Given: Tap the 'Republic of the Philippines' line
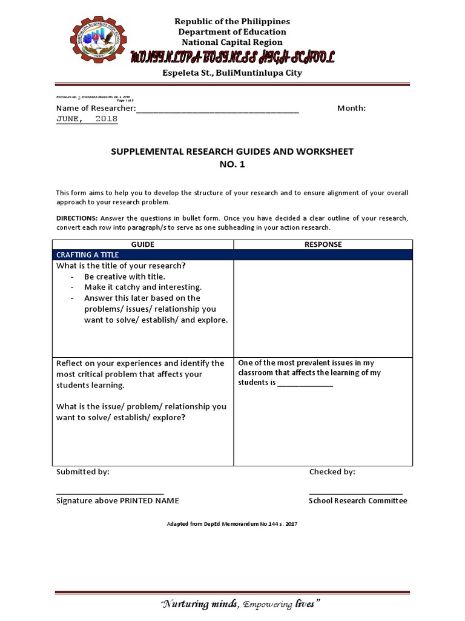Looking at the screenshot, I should point(232,22).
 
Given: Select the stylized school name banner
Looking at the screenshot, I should point(232,58).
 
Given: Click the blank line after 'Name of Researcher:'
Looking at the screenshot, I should point(218,109).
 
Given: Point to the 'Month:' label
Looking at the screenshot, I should point(351,108).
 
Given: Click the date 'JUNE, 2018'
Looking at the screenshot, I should point(87,119).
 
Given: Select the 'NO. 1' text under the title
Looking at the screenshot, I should point(232,164).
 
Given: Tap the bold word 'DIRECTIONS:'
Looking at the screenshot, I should point(77,218).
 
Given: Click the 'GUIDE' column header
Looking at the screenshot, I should point(143,244).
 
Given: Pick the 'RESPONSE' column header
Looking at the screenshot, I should point(323,244).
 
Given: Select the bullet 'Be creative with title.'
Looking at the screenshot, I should point(125,277).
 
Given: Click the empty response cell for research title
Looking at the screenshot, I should point(323,306).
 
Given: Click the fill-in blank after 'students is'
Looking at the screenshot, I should point(305,384).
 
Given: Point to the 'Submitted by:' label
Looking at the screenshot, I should point(83,472).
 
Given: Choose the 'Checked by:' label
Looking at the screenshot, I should point(332,472).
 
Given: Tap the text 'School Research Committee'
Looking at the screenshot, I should point(358,501).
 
